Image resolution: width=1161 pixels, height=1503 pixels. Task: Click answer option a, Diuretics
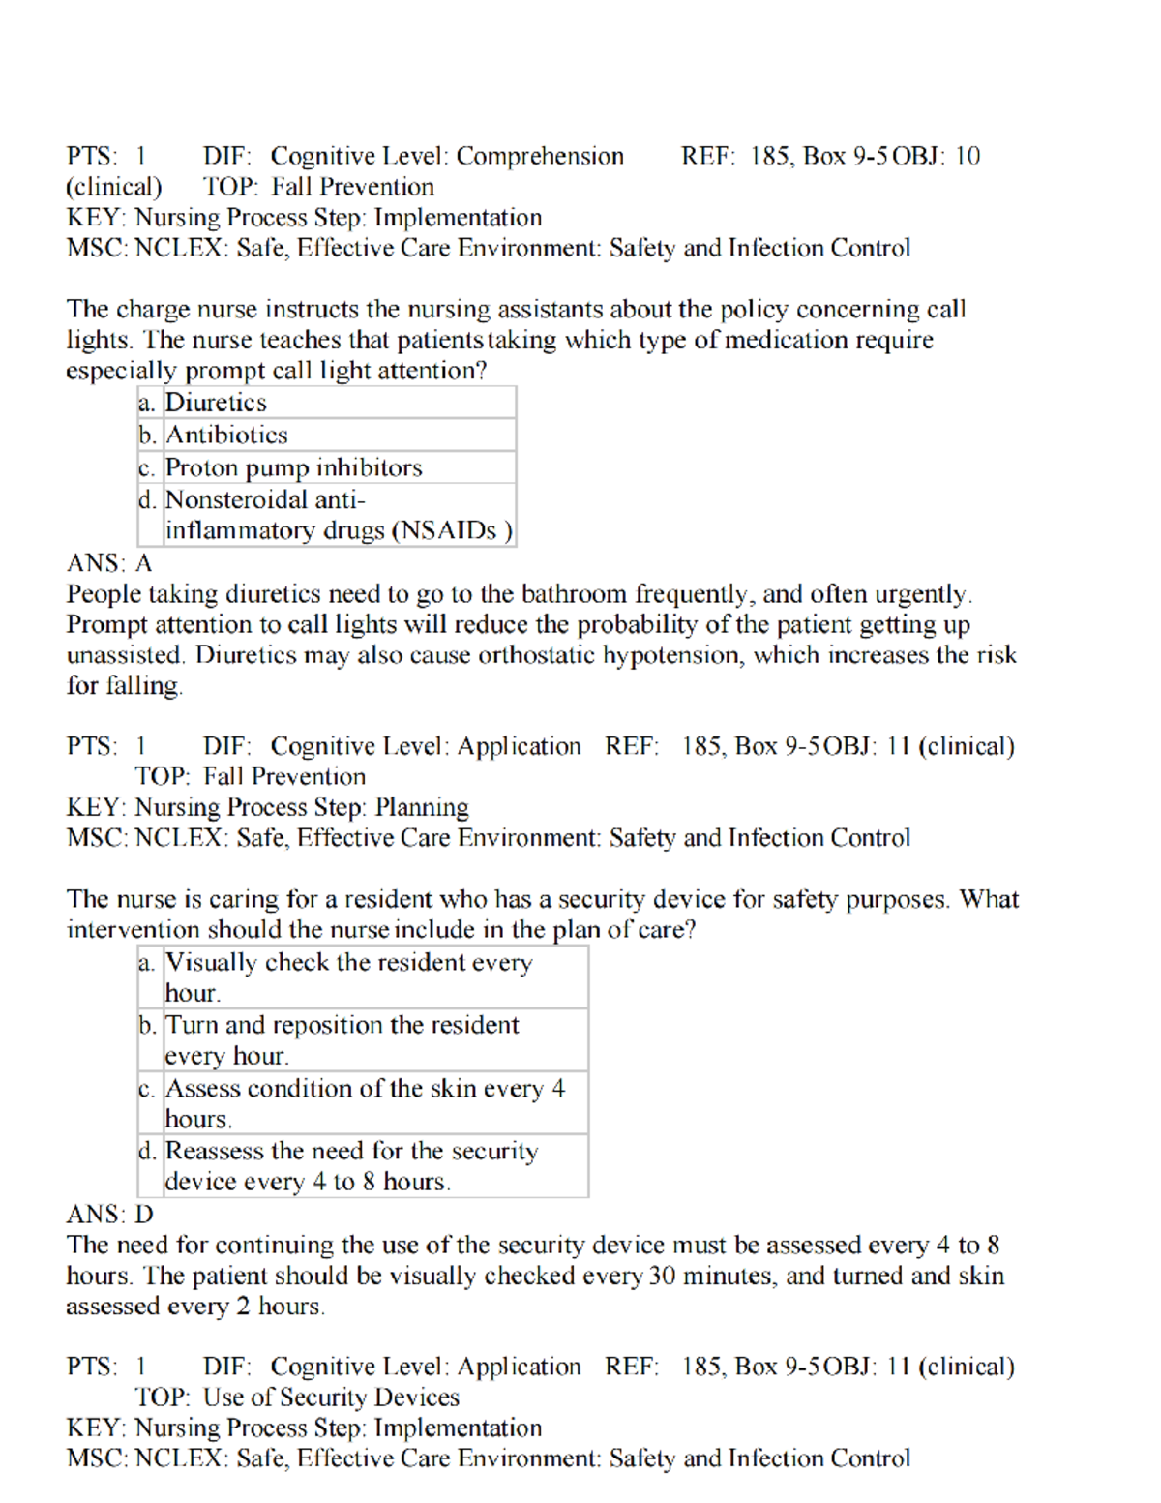point(216,403)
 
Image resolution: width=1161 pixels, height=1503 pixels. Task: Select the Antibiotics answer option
point(226,436)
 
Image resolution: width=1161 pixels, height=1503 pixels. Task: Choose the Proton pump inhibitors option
point(293,467)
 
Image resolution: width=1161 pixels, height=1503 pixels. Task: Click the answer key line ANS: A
point(109,563)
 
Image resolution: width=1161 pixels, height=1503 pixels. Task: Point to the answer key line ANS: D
point(109,1215)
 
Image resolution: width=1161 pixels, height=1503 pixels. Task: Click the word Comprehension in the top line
point(540,156)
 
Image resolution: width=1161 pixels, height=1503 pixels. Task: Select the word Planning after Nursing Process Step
point(422,807)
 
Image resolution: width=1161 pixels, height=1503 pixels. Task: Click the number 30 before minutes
point(662,1276)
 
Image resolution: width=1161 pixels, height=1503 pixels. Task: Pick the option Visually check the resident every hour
point(348,977)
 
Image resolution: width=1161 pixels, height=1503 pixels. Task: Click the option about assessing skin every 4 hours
point(364,1103)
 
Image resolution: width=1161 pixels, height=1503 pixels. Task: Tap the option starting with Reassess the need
point(351,1166)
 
